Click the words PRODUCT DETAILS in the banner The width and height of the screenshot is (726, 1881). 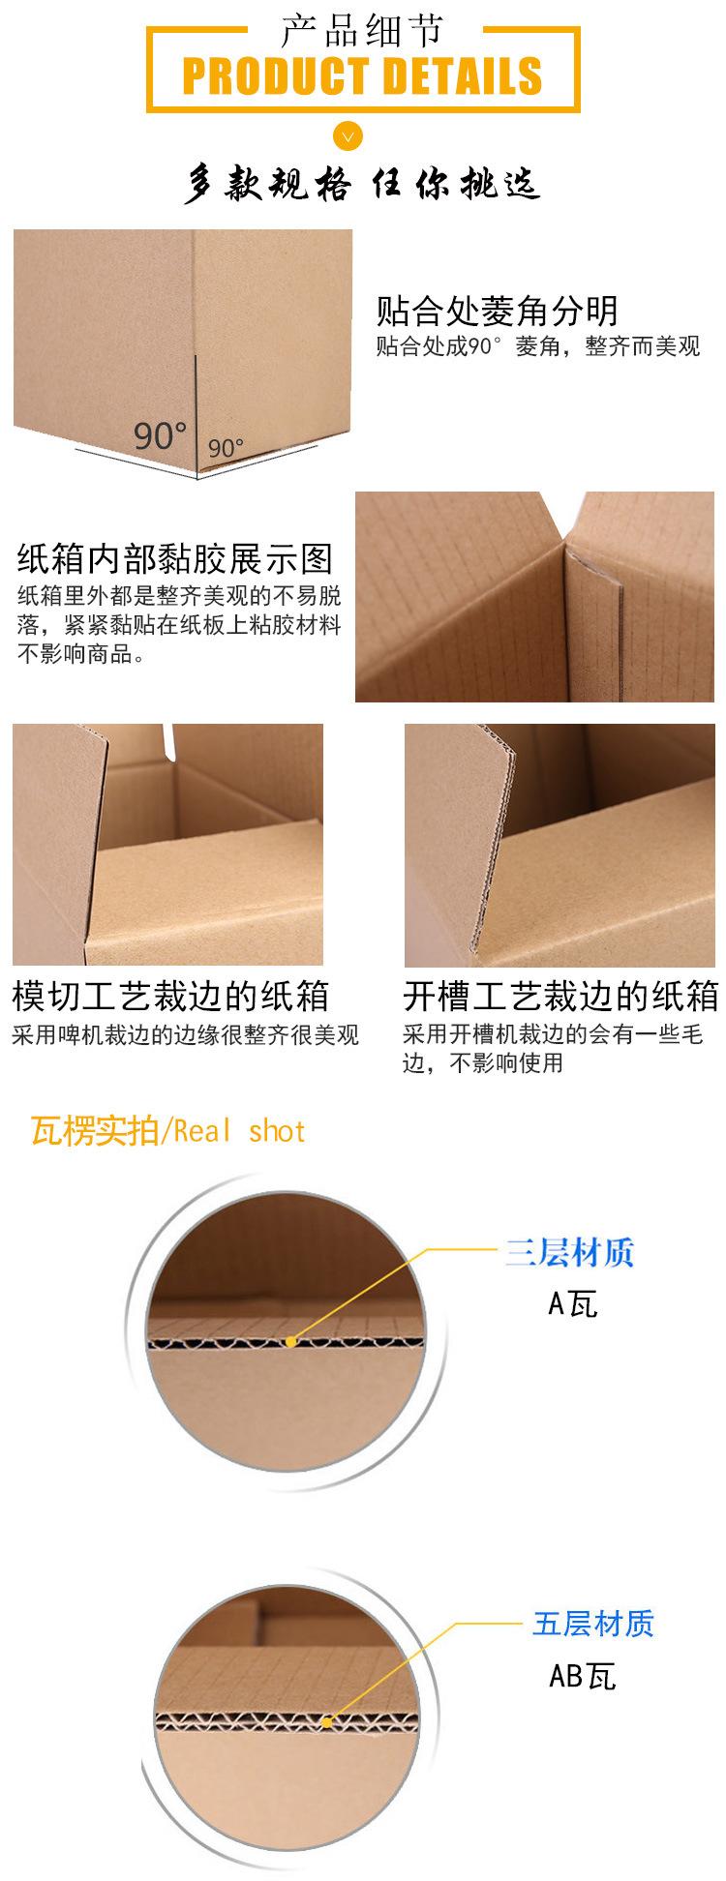pos(362,76)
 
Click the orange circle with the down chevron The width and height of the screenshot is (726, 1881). pos(348,134)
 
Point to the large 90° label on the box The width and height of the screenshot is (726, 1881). pos(160,435)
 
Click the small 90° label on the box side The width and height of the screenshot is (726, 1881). pos(226,448)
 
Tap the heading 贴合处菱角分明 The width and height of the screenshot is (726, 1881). pos(497,311)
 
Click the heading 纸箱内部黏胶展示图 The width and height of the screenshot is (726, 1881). pos(175,558)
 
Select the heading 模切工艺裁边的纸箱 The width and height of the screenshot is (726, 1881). pos(170,996)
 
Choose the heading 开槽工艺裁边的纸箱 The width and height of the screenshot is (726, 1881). pos(560,996)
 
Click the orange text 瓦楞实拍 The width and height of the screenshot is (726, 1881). pos(94,1130)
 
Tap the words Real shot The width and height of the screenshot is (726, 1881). pos(240,1130)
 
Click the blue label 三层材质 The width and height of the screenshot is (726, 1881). pos(569,1253)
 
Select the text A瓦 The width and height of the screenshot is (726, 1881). pos(573,1303)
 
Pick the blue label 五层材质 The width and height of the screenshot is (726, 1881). pos(593,1623)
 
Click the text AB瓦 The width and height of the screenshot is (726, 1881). pos(583,1675)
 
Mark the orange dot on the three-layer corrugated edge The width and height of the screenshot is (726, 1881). pos(291,1341)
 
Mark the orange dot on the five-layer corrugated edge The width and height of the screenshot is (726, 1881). pos(327,1721)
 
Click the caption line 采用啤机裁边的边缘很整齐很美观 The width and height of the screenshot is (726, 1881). pos(185,1035)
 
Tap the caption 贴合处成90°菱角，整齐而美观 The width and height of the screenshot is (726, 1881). pos(537,346)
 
